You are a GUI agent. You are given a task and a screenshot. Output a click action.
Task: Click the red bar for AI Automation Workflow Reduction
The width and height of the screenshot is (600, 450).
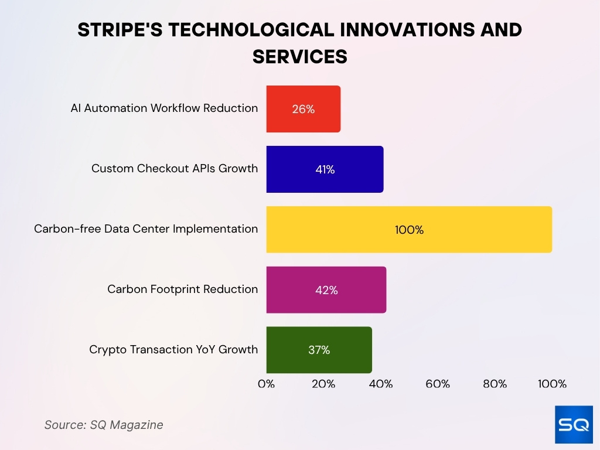304,109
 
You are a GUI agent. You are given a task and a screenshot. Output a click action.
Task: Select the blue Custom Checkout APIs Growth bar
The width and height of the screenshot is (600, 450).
325,169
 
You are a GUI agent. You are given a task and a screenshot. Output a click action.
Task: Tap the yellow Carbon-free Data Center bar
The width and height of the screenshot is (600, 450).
409,230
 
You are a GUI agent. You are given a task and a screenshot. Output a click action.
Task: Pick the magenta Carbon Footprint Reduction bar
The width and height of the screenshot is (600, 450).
326,289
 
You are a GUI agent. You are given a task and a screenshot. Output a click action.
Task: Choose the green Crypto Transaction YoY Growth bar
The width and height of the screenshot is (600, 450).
319,350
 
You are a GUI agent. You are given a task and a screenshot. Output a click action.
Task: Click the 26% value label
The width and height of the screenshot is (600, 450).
304,110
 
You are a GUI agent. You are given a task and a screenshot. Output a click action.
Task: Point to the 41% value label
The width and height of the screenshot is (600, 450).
325,169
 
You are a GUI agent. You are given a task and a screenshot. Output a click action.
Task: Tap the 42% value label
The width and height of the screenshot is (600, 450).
326,291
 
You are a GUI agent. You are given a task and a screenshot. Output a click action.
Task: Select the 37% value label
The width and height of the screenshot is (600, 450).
319,350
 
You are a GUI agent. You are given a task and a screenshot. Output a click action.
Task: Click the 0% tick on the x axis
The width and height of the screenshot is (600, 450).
267,384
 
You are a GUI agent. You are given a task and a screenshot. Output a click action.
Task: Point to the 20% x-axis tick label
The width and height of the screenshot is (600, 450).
323,384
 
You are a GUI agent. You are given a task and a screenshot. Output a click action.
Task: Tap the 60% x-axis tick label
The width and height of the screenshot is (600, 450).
438,384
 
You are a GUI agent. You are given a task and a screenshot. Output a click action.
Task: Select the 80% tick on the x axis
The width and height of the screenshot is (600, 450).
495,384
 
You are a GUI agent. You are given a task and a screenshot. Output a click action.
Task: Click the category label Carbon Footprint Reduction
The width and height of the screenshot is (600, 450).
183,289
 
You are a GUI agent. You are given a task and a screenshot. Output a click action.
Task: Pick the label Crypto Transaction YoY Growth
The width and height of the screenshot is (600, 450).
173,349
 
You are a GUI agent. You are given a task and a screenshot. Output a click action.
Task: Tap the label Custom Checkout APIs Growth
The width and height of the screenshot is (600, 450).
175,168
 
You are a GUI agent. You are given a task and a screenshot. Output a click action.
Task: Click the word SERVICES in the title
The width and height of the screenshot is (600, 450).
300,57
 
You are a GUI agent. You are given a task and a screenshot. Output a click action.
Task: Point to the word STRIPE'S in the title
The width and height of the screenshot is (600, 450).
120,30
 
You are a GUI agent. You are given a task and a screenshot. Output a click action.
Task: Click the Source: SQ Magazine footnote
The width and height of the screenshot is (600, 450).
104,425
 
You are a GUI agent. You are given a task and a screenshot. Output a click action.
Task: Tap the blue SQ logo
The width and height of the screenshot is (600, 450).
574,424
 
